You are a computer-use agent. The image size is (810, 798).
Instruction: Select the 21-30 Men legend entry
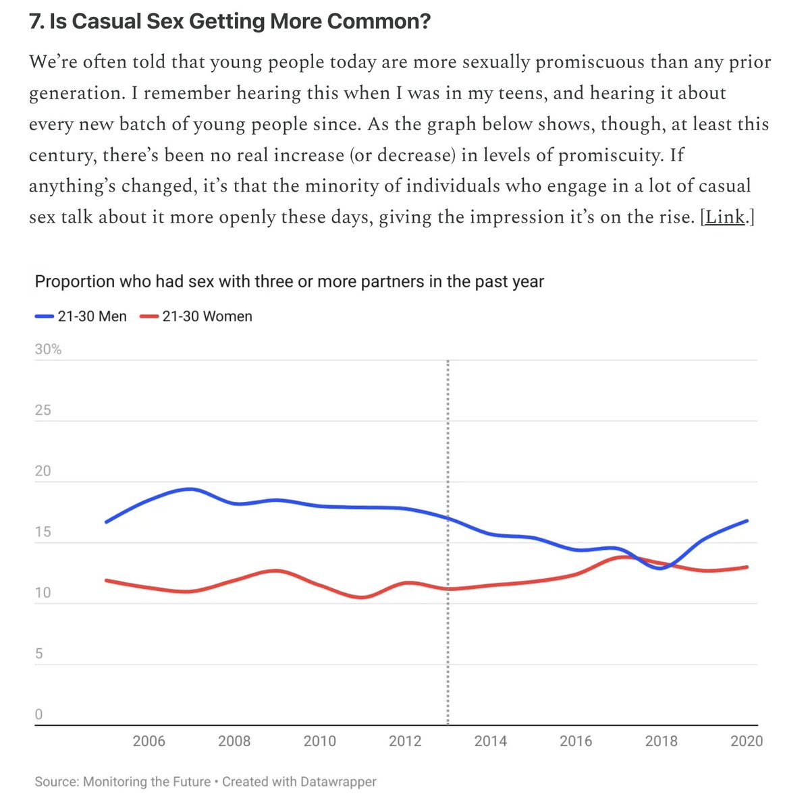tap(81, 316)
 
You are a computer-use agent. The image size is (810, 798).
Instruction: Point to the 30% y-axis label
tap(48, 349)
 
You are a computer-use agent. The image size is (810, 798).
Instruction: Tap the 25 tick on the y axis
tap(43, 410)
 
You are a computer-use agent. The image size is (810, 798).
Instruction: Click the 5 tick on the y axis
tap(38, 654)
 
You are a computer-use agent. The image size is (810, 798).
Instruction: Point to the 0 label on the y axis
tap(38, 714)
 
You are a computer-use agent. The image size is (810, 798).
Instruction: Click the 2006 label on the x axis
tap(148, 741)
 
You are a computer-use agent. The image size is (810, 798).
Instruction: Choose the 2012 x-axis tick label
tap(405, 741)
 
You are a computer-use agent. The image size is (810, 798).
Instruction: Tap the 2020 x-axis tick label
tap(747, 741)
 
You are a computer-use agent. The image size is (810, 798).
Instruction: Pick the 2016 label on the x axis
tap(576, 741)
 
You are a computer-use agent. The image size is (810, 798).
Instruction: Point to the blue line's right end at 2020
tap(747, 521)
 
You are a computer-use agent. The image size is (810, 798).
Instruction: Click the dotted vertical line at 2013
tap(448, 641)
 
